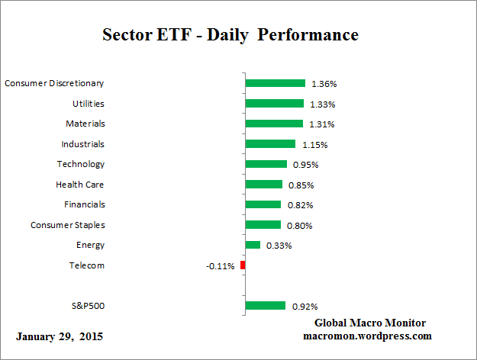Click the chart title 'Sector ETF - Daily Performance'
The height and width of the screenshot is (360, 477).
pos(230,35)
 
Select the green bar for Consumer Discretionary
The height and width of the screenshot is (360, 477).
pos(275,83)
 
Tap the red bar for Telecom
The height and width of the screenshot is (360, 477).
pos(243,265)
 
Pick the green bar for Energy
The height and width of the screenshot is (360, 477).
pos(253,245)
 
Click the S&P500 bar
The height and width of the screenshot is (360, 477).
pos(265,306)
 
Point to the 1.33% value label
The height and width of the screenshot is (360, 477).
pos(322,104)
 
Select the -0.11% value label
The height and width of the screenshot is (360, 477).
pos(220,266)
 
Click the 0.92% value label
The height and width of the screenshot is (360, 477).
pos(304,307)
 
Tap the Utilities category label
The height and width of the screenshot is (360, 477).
pos(88,103)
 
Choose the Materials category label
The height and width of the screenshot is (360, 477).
pos(85,123)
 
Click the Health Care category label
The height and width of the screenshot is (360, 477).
pos(79,184)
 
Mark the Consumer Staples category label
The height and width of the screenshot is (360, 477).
pos(67,224)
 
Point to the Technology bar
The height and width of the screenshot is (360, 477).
pos(266,164)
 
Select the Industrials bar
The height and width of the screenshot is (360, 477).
pos(270,143)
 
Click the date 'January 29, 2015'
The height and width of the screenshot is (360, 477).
pos(59,336)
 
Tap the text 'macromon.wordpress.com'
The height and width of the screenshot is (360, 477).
pos(367,336)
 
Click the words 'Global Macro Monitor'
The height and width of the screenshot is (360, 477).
pos(370,323)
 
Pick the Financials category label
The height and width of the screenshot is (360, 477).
pos(84,204)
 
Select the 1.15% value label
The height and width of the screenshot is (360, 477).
pos(313,144)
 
